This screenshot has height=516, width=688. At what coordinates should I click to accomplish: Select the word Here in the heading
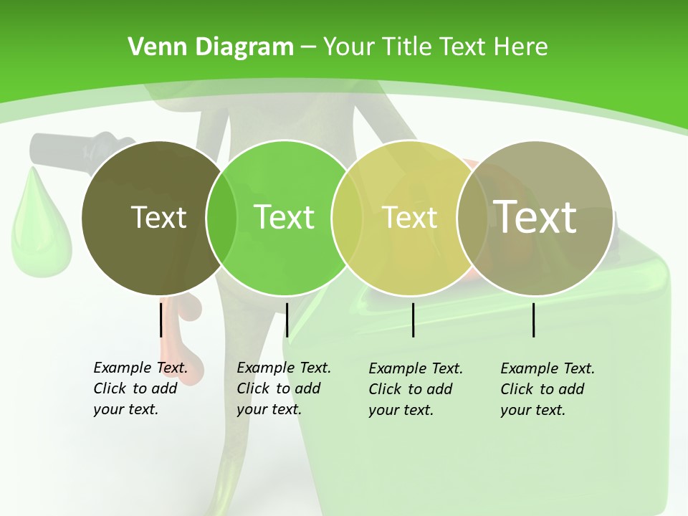[521, 47]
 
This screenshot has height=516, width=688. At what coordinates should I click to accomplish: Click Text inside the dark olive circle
[158, 217]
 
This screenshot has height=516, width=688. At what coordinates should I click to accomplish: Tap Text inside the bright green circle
[284, 217]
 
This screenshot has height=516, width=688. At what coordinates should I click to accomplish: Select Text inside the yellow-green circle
[410, 217]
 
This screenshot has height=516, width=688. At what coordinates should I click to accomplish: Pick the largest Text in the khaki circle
[535, 216]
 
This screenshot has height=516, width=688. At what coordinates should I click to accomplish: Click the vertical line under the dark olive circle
[161, 320]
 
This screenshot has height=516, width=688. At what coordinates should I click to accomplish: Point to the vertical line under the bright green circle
[287, 320]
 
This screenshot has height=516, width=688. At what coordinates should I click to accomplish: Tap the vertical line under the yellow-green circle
[413, 320]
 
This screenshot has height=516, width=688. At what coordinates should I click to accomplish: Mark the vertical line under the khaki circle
[534, 320]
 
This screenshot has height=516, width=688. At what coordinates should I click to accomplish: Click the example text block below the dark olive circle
[140, 388]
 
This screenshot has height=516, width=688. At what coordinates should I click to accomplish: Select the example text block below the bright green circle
[284, 388]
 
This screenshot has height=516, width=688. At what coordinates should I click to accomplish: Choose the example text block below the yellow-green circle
[416, 389]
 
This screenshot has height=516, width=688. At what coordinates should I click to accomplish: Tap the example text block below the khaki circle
[548, 389]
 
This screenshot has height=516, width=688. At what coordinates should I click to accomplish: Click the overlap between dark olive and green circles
[221, 217]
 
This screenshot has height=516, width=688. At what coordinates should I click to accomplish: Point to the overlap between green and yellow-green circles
[347, 217]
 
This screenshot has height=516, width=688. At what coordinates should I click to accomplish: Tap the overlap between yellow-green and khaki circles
[472, 217]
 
